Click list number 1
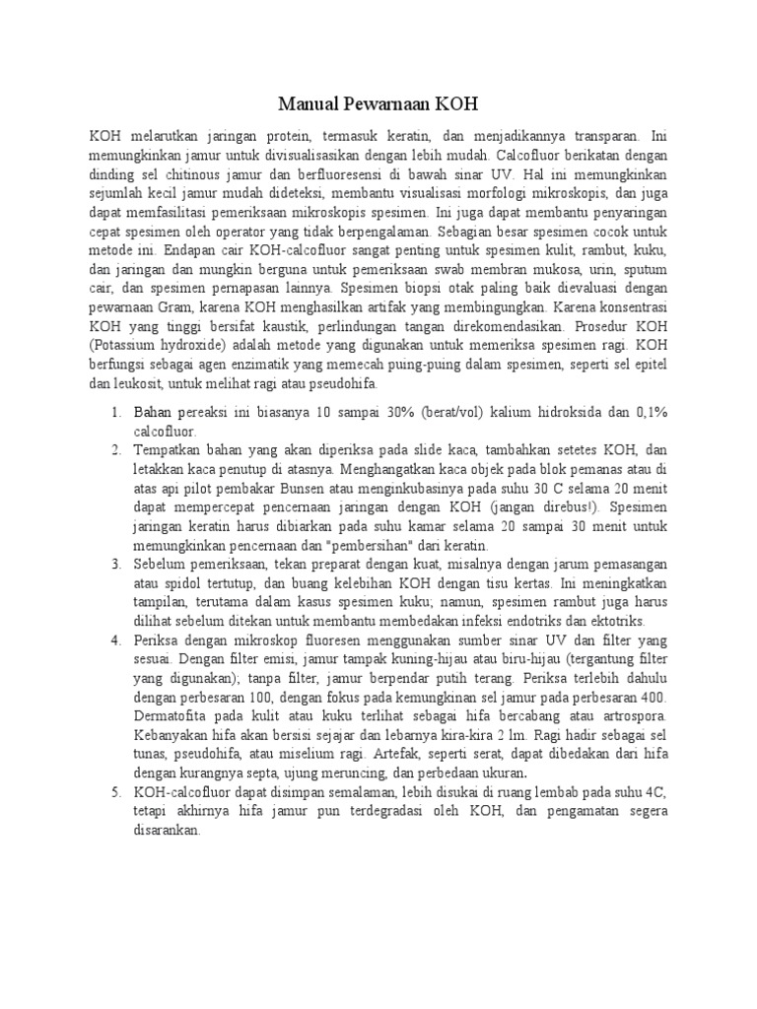(115, 412)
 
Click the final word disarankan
(168, 829)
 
